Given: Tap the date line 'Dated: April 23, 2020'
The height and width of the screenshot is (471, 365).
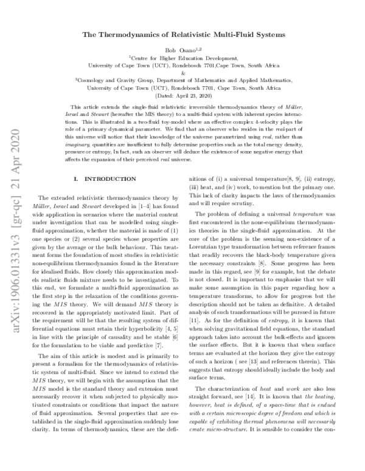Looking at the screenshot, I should (x=182, y=97).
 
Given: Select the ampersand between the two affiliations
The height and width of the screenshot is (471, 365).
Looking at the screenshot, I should (x=182, y=71).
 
